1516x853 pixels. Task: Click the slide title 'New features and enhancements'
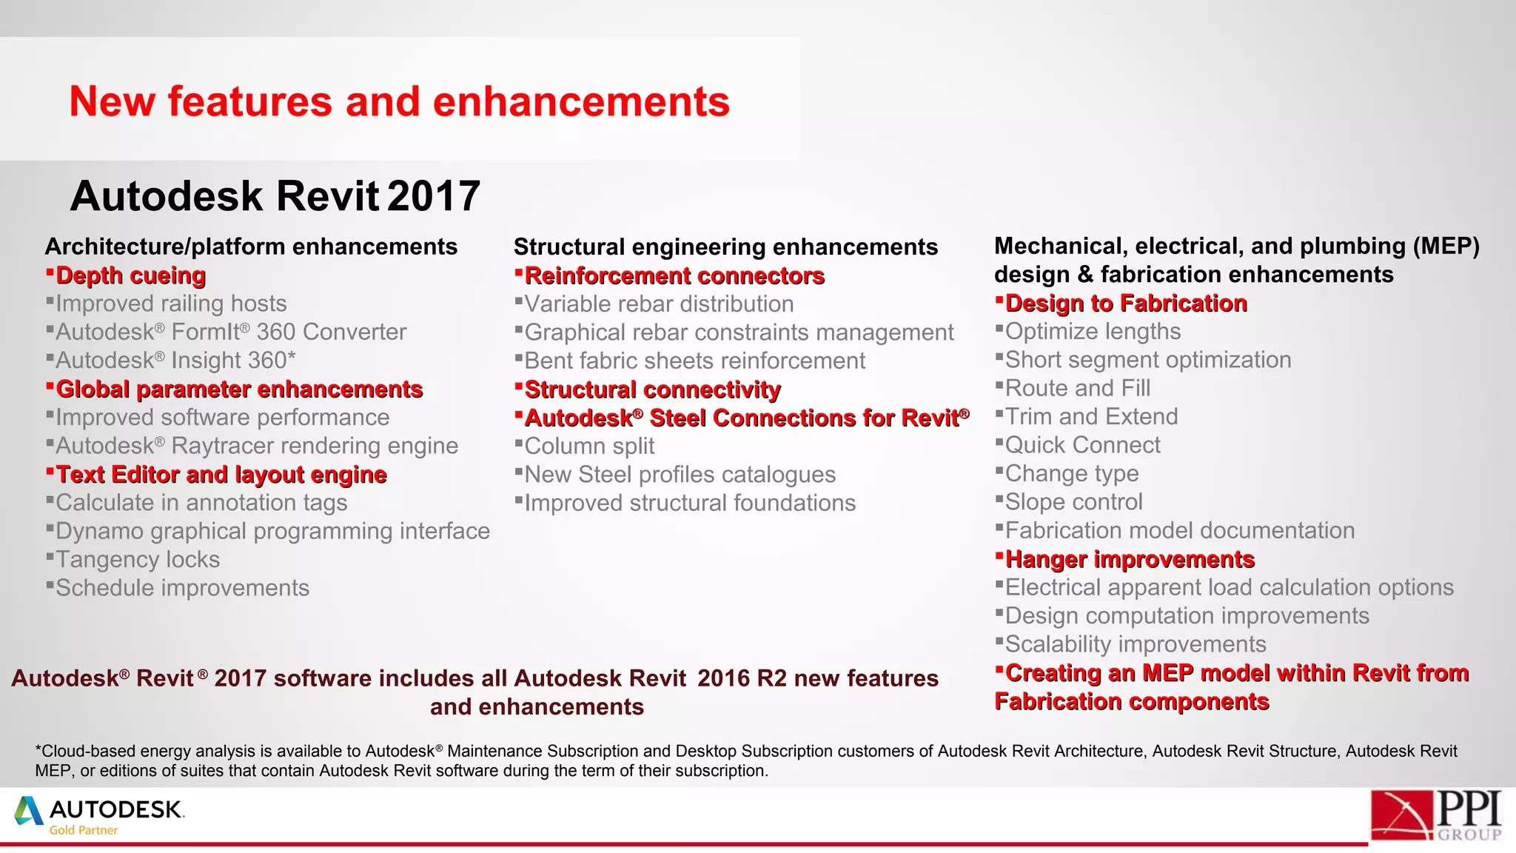(x=399, y=101)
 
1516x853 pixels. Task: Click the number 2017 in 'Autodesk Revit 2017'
(x=434, y=196)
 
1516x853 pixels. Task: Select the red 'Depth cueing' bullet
(x=130, y=275)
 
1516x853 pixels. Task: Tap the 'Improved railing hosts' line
(x=170, y=304)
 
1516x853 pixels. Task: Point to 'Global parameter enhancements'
(x=238, y=389)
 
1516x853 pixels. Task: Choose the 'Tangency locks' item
(x=138, y=560)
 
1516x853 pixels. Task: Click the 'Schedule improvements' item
(x=182, y=588)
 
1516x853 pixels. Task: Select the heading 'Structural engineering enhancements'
(x=725, y=247)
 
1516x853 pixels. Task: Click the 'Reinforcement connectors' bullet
(x=674, y=276)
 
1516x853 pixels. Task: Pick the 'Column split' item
(x=589, y=446)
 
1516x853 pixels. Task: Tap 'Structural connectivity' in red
(x=652, y=390)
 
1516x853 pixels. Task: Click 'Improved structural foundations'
(x=689, y=504)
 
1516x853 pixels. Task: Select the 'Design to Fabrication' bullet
(x=1125, y=304)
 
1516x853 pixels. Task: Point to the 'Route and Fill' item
(x=1077, y=388)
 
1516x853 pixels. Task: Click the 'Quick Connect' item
(x=1082, y=445)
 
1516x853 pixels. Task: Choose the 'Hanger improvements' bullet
(x=1129, y=560)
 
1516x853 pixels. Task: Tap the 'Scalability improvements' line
(x=1135, y=644)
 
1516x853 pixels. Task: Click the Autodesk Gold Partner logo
(x=100, y=815)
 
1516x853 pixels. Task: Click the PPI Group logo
(x=1435, y=814)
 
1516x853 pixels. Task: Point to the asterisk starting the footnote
(x=38, y=749)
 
